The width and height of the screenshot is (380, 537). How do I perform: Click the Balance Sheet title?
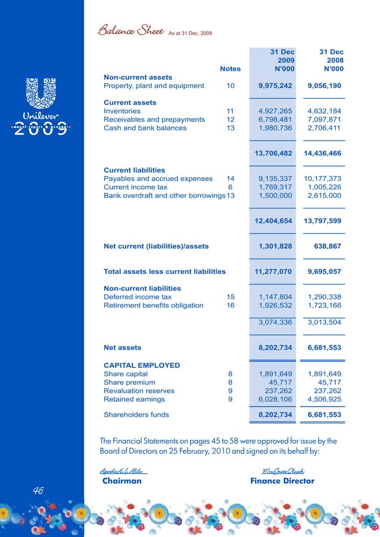[130, 30]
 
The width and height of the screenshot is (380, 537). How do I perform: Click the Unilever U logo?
[42, 93]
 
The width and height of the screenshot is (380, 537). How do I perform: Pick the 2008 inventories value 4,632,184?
[324, 111]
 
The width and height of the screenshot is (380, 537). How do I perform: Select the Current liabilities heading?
[134, 170]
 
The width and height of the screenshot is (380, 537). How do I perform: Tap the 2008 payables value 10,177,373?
[322, 179]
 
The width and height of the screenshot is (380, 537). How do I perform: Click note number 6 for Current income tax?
[230, 187]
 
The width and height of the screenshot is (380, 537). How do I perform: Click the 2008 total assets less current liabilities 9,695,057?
[324, 271]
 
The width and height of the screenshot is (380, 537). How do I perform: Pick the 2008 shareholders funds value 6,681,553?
[324, 415]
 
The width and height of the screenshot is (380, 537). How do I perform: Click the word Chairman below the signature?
[122, 481]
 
